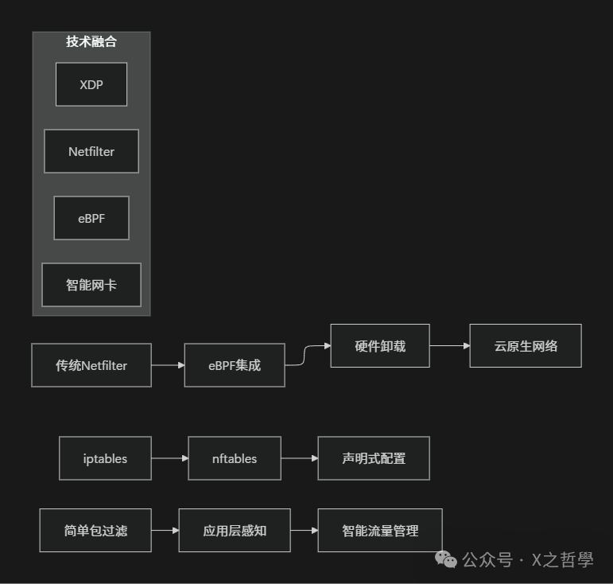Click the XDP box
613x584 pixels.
(x=91, y=84)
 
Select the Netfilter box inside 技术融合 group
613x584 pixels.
(x=91, y=151)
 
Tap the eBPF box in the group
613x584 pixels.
(x=91, y=218)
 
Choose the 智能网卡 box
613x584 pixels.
(x=91, y=285)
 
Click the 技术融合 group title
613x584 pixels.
(x=91, y=42)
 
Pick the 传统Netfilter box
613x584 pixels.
(x=91, y=366)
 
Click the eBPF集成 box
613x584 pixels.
(x=235, y=366)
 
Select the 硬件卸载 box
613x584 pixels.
(x=380, y=346)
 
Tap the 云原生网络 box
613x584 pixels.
(x=526, y=346)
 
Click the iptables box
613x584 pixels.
(x=105, y=458)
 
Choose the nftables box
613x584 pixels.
(x=235, y=458)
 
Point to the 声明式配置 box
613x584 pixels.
(x=374, y=458)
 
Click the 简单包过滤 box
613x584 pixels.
(x=95, y=531)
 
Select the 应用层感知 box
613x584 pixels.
(x=235, y=531)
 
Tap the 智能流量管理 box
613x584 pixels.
(x=380, y=531)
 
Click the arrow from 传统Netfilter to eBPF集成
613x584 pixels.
(x=168, y=366)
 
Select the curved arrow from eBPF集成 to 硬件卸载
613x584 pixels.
(x=307, y=355)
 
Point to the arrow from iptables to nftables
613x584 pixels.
(x=169, y=458)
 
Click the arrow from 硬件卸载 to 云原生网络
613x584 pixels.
(x=449, y=346)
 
